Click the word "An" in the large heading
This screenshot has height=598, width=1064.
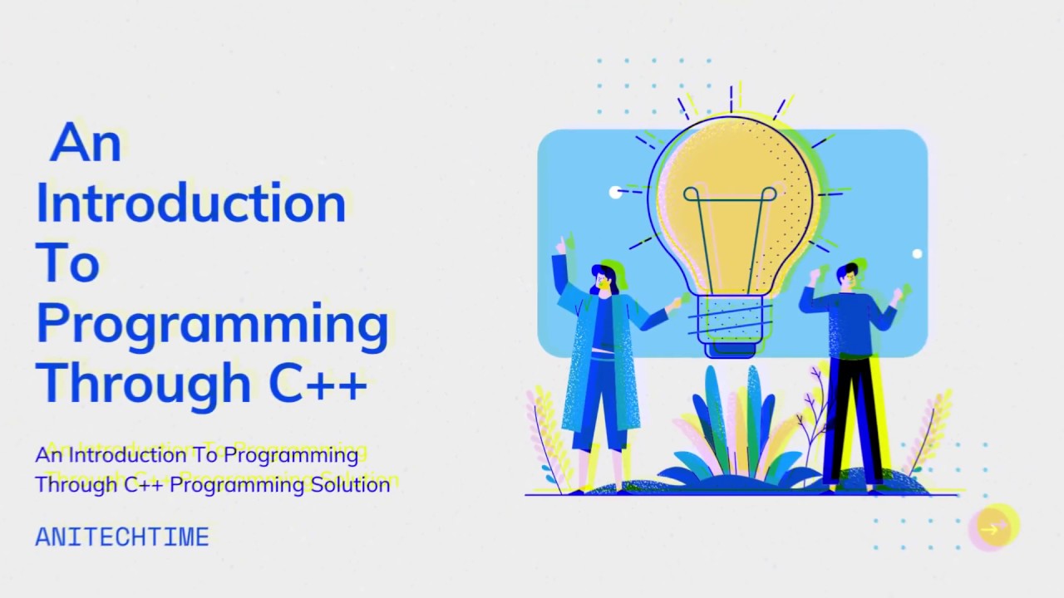click(x=86, y=143)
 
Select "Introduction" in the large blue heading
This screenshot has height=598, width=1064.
click(x=190, y=203)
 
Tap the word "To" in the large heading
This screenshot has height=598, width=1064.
click(x=67, y=262)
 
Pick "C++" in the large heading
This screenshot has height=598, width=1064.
click(x=318, y=383)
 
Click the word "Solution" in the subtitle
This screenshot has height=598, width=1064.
click(x=350, y=484)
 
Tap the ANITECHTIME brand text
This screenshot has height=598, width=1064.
click(x=122, y=537)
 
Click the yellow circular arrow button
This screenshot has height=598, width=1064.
click(x=993, y=527)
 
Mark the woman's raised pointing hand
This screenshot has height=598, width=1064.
click(x=560, y=245)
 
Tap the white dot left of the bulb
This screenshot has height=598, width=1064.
click(x=615, y=193)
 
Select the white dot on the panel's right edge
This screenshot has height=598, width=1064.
click(x=917, y=254)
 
